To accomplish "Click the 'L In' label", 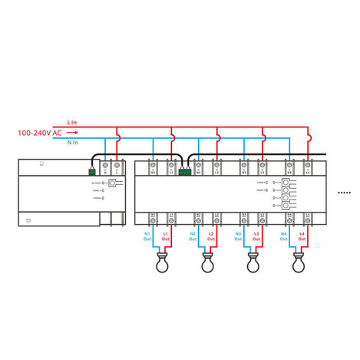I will [x=72, y=123].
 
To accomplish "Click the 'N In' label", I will [x=72, y=141].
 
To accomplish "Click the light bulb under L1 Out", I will [x=162, y=265].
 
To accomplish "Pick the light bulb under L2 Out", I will [x=207, y=265].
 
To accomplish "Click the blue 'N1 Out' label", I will [x=148, y=236].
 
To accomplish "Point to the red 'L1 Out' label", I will [x=166, y=236].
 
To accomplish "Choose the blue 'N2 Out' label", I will [x=193, y=236].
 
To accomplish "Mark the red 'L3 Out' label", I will [x=256, y=236].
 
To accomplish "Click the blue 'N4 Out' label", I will [x=284, y=236].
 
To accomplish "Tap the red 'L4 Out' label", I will [x=302, y=236].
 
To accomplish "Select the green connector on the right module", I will [x=184, y=171].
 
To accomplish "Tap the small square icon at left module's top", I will [x=41, y=163].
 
